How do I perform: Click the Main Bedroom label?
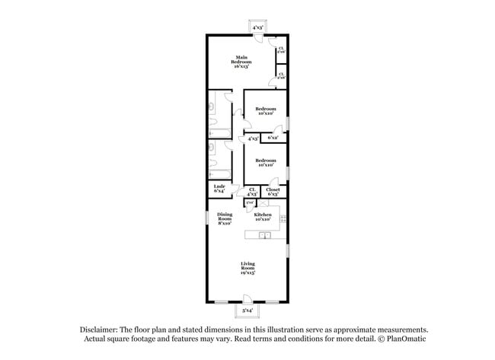pyautogui.click(x=241, y=62)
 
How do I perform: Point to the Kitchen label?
pyautogui.click(x=263, y=217)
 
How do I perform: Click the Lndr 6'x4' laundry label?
pyautogui.click(x=218, y=189)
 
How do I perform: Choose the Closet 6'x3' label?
pyautogui.click(x=273, y=192)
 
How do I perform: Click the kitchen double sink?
pyautogui.click(x=264, y=236)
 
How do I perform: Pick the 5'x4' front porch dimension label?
pyautogui.click(x=247, y=311)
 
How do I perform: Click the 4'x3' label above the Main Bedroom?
pyautogui.click(x=257, y=27)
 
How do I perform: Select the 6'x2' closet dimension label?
pyautogui.click(x=273, y=138)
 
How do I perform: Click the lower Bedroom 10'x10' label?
pyautogui.click(x=265, y=162)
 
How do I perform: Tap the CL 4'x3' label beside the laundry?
pyautogui.click(x=252, y=192)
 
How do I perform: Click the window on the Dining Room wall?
pyautogui.click(x=206, y=218)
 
